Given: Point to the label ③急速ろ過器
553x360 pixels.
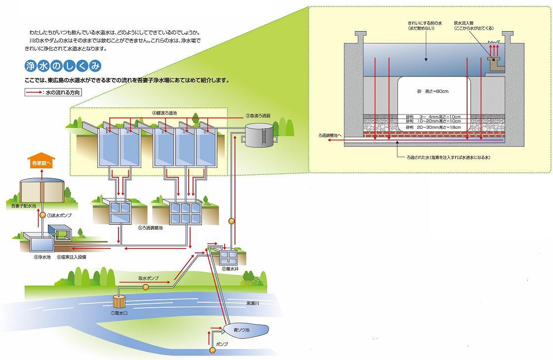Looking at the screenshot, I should click(x=258, y=116).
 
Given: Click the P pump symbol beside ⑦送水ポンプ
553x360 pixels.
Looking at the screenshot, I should click(x=42, y=215).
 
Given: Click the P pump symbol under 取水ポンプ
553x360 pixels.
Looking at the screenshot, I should click(x=145, y=287).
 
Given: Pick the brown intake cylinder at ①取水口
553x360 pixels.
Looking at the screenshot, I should click(x=120, y=301).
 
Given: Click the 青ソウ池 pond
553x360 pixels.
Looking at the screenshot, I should click(x=244, y=329).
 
